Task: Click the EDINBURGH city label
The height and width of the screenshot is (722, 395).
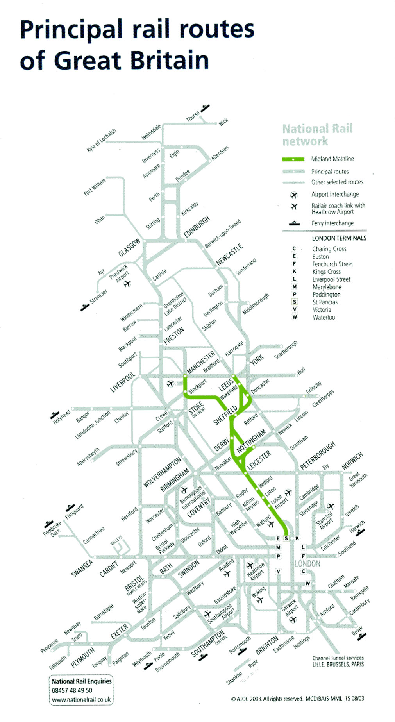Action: (197, 227)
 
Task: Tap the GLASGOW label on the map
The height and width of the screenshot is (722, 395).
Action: (129, 247)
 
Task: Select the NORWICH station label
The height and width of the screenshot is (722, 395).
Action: (352, 461)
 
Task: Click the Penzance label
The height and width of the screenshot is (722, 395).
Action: (49, 646)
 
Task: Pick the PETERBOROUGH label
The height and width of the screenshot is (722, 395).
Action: (318, 456)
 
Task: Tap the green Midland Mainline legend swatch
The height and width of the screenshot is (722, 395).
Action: (293, 159)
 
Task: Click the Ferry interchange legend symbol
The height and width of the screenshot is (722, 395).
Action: (294, 223)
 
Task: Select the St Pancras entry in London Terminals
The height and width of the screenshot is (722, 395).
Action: (325, 302)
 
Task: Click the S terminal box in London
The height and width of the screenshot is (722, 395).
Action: (286, 538)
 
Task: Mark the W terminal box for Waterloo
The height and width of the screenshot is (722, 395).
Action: (307, 584)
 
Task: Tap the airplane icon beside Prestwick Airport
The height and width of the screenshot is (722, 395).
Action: (127, 283)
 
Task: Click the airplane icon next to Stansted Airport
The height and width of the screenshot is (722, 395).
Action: (331, 506)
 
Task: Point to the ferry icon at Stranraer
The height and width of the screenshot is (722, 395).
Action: (85, 307)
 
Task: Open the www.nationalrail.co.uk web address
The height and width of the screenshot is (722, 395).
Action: (81, 700)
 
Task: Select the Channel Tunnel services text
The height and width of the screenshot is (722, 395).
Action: (338, 658)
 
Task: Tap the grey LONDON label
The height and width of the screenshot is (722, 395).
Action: (307, 563)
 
